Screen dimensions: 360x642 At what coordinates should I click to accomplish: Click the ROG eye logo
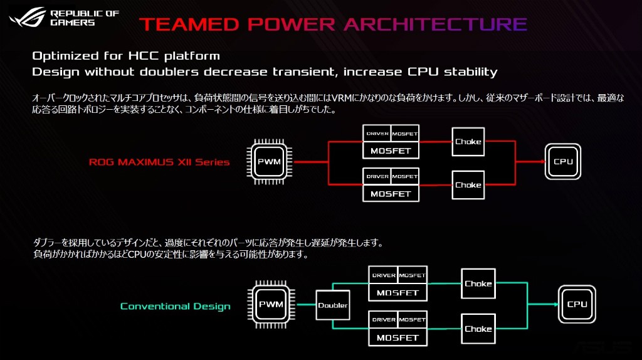point(26,17)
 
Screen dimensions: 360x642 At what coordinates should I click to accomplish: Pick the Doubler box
point(332,305)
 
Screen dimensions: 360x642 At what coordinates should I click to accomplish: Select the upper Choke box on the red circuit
point(468,142)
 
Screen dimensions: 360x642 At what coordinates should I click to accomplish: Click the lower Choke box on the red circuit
point(468,185)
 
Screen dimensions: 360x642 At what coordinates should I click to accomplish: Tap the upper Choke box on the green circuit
point(478,284)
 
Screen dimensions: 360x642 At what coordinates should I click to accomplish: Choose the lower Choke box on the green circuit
point(478,329)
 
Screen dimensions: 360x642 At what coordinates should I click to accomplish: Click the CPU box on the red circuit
point(563,162)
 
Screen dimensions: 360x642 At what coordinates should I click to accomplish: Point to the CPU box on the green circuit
point(577,304)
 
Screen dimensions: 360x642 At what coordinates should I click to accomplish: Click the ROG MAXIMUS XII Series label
point(159,162)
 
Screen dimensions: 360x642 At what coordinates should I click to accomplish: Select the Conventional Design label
point(175,307)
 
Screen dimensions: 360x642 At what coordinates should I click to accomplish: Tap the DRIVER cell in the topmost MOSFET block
point(377,134)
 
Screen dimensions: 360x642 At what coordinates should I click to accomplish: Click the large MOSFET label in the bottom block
point(398,338)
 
